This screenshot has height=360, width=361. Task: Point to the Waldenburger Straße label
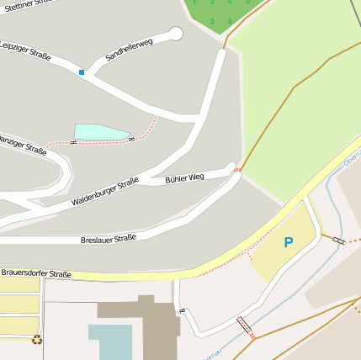point(105,192)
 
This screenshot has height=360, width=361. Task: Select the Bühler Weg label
point(184,178)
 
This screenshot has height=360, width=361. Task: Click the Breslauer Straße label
point(109,238)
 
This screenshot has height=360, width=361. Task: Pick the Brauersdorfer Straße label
point(35,273)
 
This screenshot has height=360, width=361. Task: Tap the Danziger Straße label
point(22,143)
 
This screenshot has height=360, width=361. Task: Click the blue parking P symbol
point(289,243)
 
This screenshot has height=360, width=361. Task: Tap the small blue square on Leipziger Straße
point(82,72)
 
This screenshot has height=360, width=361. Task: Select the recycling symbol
point(37,340)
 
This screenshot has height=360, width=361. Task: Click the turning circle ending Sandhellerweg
point(176,34)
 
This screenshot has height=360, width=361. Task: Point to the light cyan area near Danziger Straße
point(100,132)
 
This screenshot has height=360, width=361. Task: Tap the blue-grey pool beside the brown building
point(110,341)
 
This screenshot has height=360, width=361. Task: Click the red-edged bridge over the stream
point(245,326)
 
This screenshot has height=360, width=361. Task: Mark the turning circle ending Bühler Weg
point(231,167)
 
